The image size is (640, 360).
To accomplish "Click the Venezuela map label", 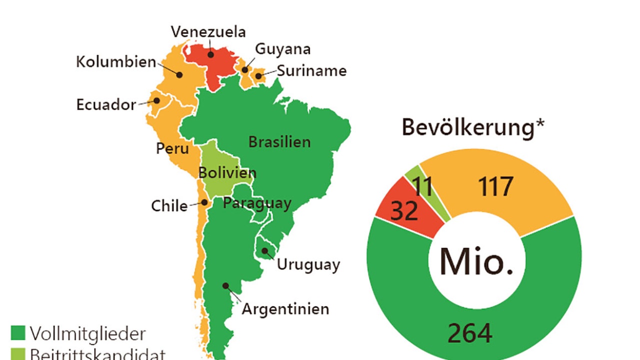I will click(208, 32).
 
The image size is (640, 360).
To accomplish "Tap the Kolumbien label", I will click(116, 62).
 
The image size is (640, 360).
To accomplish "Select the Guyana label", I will click(282, 49).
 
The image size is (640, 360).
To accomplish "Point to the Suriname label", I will click(311, 70).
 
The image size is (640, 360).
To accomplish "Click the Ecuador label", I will click(106, 104).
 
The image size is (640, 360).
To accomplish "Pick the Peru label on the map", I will click(172, 148).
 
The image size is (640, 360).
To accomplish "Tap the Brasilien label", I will click(279, 141).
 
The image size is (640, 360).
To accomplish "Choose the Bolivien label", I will click(227, 173).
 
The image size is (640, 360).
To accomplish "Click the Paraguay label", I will click(257, 203).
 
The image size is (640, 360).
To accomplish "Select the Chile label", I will click(169, 206).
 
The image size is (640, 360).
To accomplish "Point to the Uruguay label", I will click(308, 264).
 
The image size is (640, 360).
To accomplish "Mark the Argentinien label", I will click(285, 308).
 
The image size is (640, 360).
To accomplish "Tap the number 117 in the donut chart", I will click(495, 187).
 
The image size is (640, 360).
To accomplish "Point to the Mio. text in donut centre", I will click(476, 261).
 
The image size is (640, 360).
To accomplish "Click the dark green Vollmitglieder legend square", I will click(18, 333).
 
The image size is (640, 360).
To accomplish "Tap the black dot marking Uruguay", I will click(264, 249).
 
